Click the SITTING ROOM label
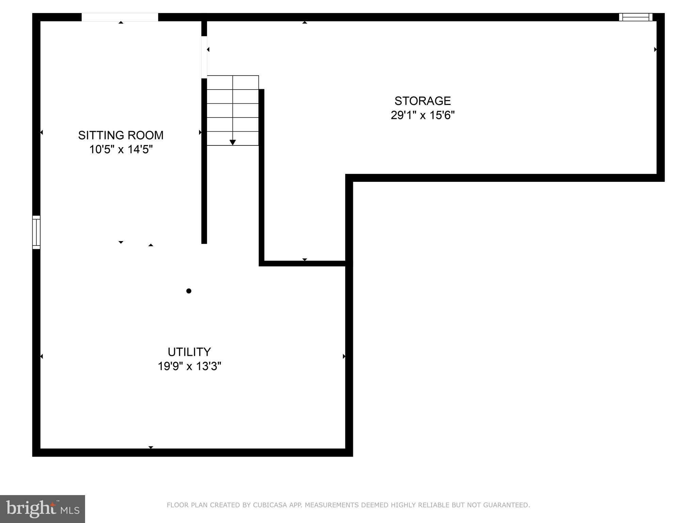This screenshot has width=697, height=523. click(x=121, y=135)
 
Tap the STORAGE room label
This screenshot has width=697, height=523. click(x=422, y=101)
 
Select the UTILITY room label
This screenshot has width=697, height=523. click(x=189, y=352)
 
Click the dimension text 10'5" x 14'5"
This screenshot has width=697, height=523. click(x=121, y=149)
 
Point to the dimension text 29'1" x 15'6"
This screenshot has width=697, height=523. click(x=422, y=115)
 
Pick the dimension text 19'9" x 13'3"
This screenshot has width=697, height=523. click(x=189, y=366)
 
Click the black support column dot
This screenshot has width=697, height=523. click(x=189, y=291)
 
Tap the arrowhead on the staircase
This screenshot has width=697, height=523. click(x=233, y=142)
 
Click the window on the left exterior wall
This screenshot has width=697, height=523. click(x=36, y=232)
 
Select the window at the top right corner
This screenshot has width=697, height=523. click(x=635, y=17)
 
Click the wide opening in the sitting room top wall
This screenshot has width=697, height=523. click(x=120, y=17)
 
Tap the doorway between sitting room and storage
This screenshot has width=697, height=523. click(x=204, y=57)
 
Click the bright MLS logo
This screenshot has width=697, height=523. click(x=43, y=509)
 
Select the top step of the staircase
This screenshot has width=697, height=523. click(x=233, y=82)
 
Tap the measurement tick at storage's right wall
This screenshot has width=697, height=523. click(x=655, y=50)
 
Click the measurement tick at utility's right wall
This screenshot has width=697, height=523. click(x=344, y=356)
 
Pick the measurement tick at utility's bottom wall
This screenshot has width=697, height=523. click(x=151, y=447)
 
